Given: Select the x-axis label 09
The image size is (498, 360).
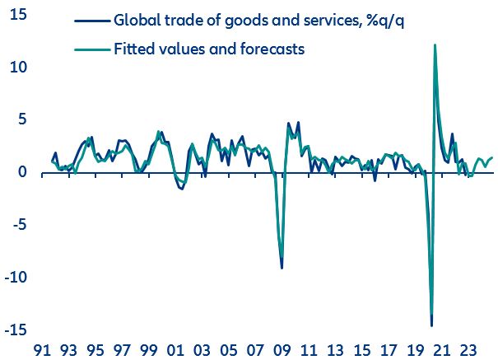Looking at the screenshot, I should coord(282,348).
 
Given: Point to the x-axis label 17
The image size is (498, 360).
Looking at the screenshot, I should coord(385,348).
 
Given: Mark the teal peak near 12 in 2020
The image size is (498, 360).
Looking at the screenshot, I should coord(435,45).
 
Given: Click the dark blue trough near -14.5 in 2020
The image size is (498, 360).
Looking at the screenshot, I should coord(431,325).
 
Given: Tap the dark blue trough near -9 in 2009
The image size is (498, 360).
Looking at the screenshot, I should coord(282,268).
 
